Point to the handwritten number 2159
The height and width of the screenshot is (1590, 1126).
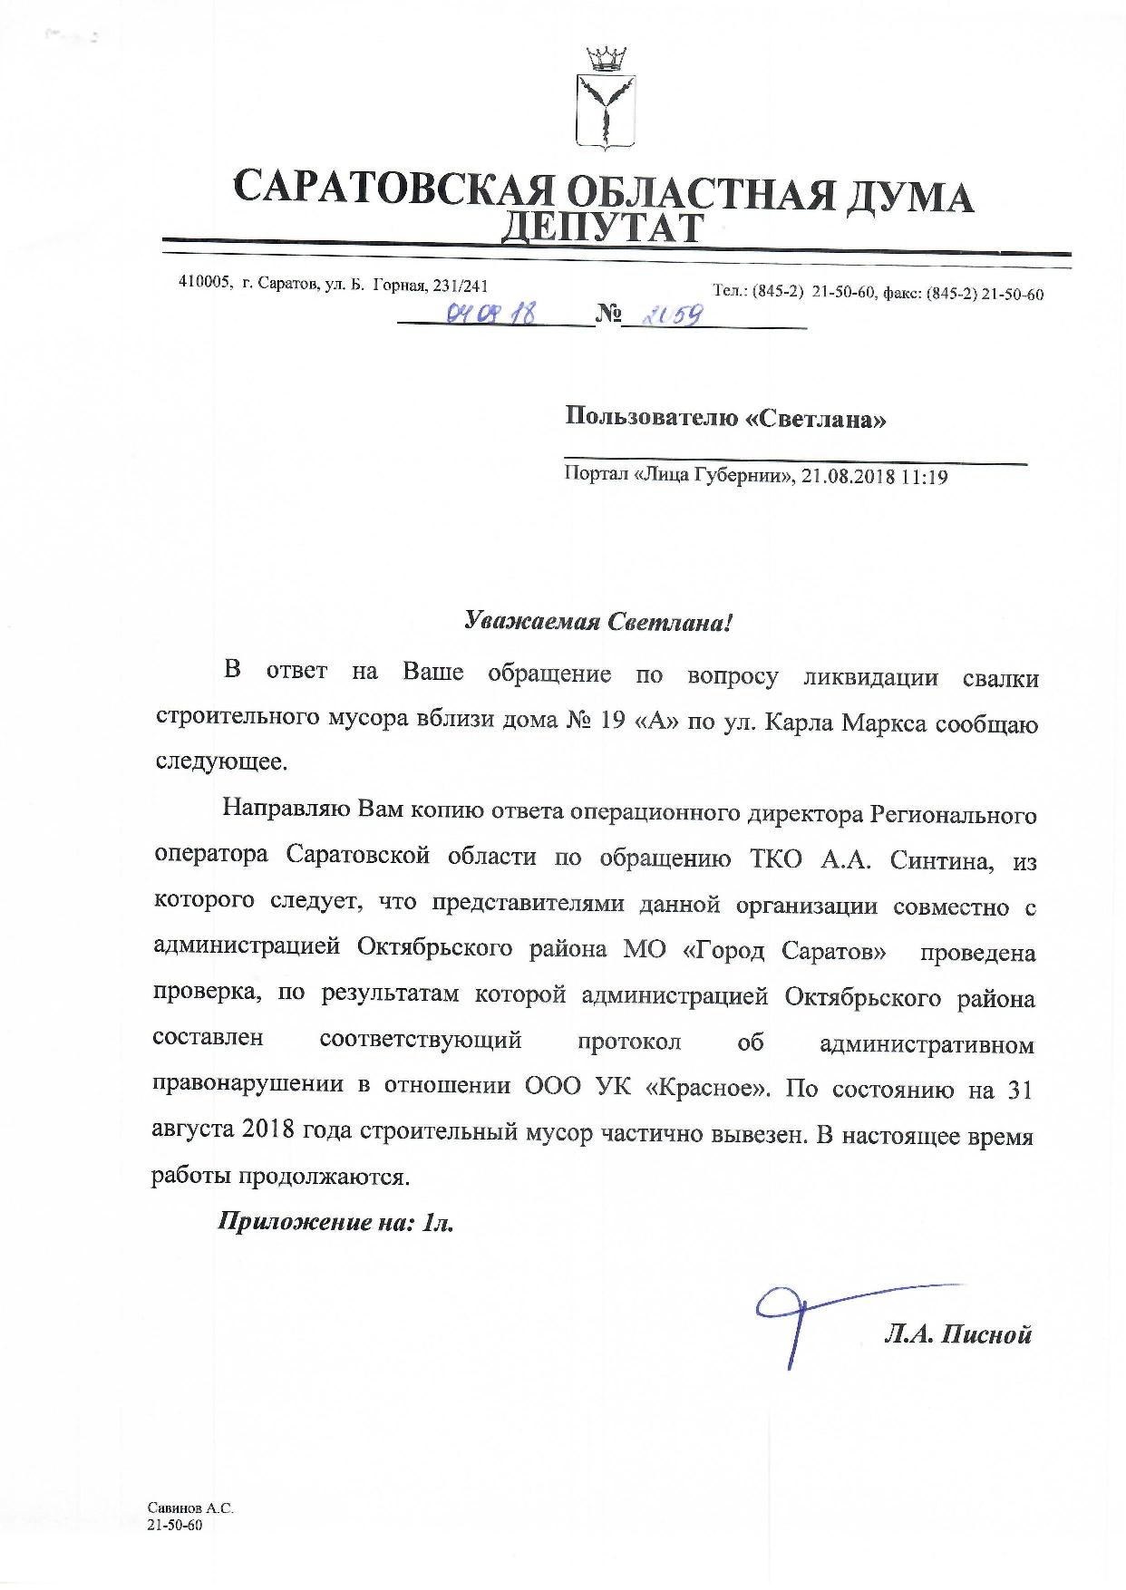click(x=664, y=315)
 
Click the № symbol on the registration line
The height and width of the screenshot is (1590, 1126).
click(x=608, y=314)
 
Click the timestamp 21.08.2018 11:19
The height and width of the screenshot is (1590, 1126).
click(x=875, y=476)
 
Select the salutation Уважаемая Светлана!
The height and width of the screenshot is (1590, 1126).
click(x=597, y=622)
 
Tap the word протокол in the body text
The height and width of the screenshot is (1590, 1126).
click(x=629, y=1041)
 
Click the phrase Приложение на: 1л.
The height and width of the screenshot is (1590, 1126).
click(x=335, y=1222)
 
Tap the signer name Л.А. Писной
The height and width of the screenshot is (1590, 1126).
click(x=957, y=1333)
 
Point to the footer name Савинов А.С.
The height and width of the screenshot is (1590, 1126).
click(x=190, y=1508)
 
